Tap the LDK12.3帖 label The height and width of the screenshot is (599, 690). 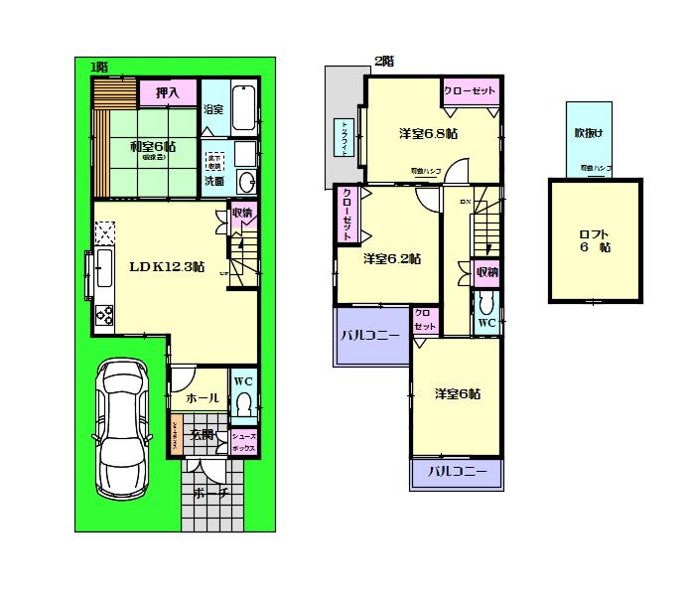pos(167,266)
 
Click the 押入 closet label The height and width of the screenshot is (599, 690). pos(166,93)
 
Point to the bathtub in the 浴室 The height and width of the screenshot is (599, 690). pos(244,107)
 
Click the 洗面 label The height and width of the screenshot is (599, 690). pos(213,182)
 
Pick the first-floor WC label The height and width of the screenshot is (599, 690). pos(243,380)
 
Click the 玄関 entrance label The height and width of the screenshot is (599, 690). pos(203,434)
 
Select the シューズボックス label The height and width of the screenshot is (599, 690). pos(244,442)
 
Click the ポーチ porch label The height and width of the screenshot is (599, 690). pos(211,494)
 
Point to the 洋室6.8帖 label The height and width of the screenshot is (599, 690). pos(429,133)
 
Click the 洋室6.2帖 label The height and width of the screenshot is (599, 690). pos(391,259)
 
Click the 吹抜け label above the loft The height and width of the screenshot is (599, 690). pos(588,132)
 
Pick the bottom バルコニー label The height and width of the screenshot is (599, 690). pos(457,473)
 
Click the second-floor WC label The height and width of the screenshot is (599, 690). pos(486,324)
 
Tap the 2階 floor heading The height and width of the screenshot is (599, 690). pos(383,61)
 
